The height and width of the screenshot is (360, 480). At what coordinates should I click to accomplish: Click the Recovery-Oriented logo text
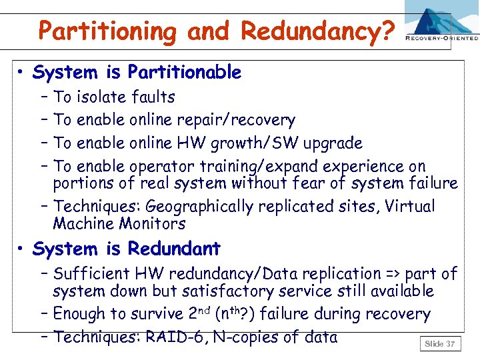point(441,39)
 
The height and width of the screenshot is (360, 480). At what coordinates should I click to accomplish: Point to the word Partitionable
point(184,72)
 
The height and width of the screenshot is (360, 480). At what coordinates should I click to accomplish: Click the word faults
point(154,97)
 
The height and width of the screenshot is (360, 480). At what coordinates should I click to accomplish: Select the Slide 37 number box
point(439,344)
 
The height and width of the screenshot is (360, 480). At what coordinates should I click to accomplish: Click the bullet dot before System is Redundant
point(22,250)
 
